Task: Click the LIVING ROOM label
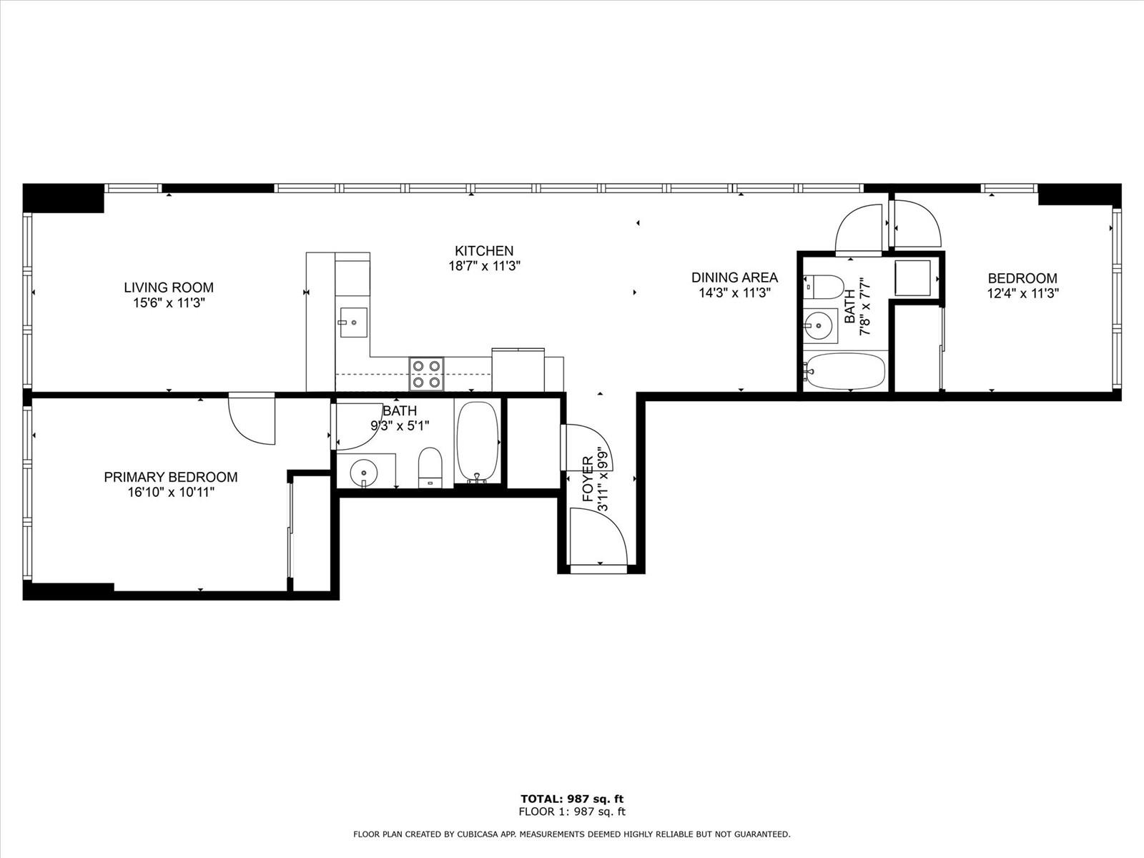(x=168, y=287)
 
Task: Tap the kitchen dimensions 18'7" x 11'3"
(x=484, y=266)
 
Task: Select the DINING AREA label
(x=734, y=277)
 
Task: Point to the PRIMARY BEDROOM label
(x=170, y=477)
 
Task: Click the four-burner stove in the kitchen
(x=426, y=374)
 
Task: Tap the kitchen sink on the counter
(x=353, y=322)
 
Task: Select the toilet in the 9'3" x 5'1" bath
(x=430, y=468)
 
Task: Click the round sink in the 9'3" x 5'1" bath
(x=364, y=473)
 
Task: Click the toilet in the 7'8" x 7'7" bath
(x=824, y=287)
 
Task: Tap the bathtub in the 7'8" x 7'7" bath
(x=844, y=372)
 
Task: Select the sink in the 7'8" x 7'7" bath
(x=819, y=325)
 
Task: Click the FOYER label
(x=588, y=479)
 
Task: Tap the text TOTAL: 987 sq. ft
(x=572, y=799)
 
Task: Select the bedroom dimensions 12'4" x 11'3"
(x=1022, y=293)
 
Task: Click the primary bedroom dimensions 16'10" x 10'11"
(x=171, y=492)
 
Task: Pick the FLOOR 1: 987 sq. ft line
(x=572, y=811)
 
